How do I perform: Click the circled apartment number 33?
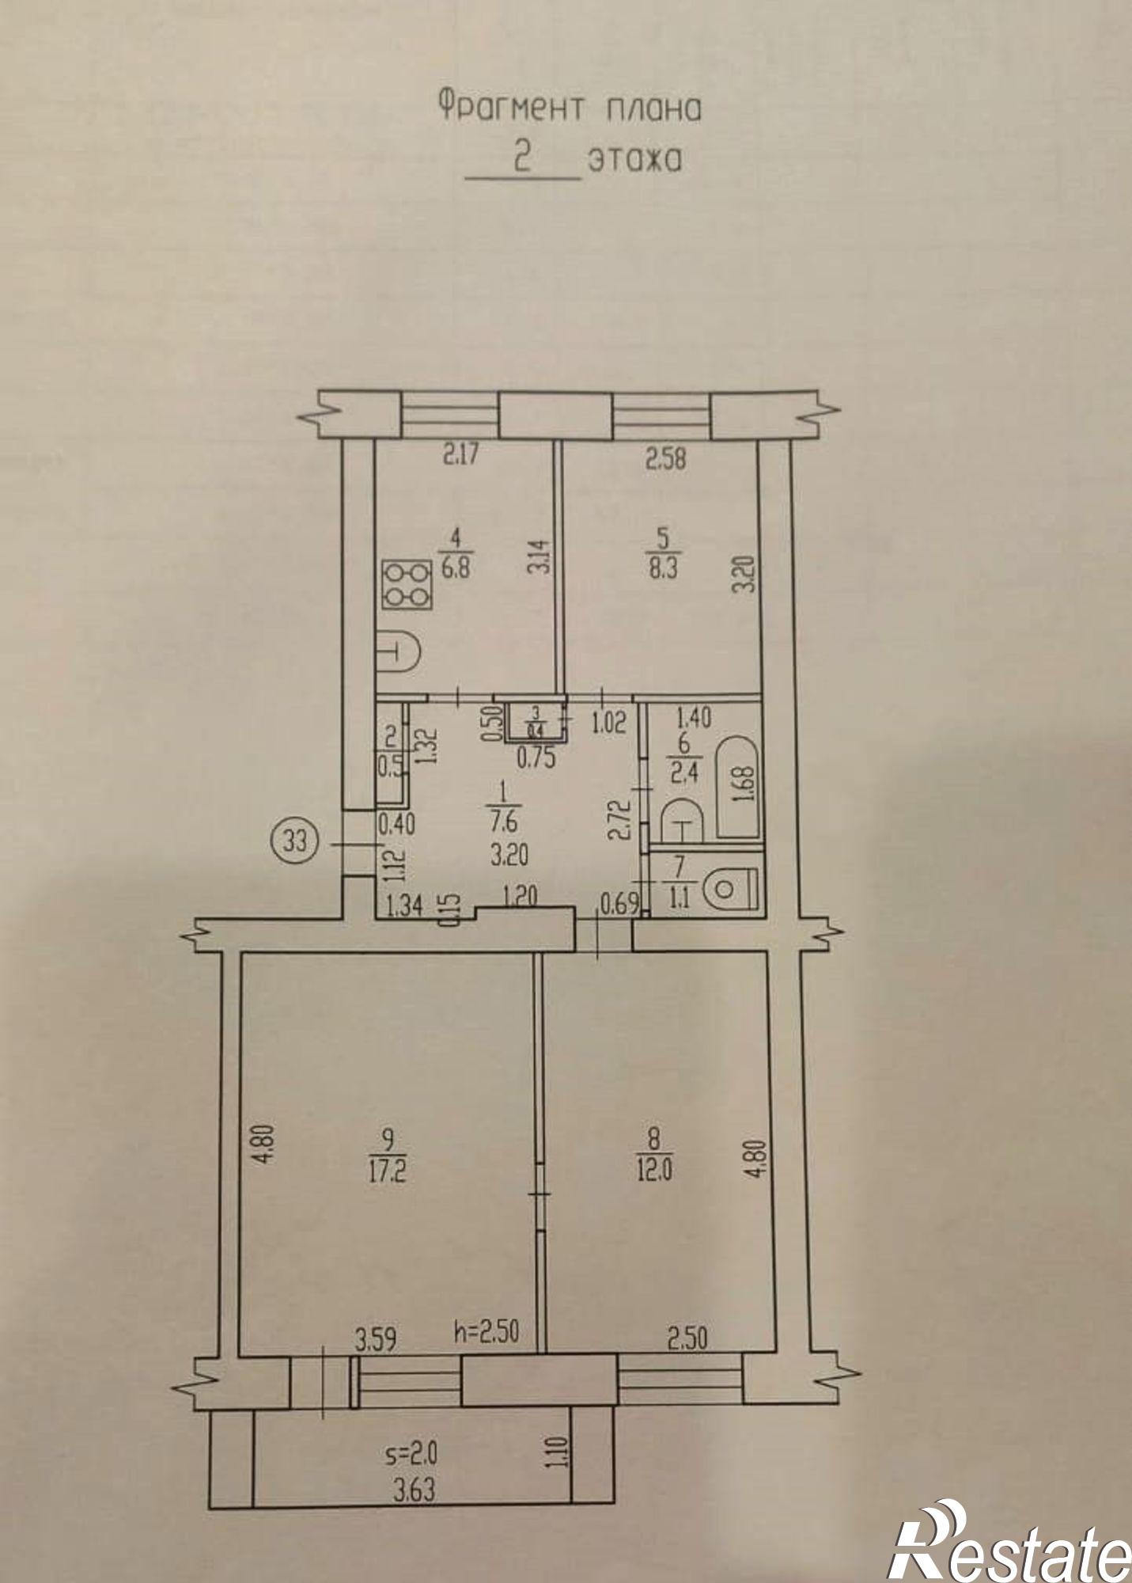pyautogui.click(x=296, y=840)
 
